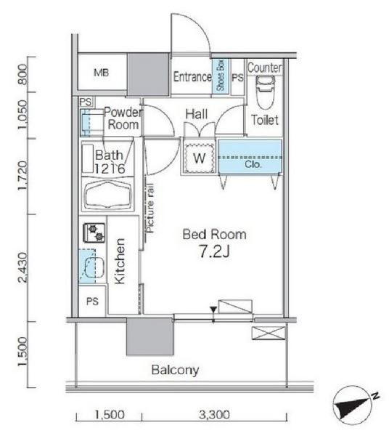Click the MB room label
coord(101,73)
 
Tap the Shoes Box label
coord(221,75)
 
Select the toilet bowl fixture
coord(265,92)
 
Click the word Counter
coord(265,68)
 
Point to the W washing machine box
coord(199,158)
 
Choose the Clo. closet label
coord(253,164)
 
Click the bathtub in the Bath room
coord(108,194)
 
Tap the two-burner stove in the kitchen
coord(94,232)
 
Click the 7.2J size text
coord(214,251)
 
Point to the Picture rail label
coord(150,208)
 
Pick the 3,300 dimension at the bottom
coord(214,415)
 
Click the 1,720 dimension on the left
coord(23,175)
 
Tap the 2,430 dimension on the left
coord(23,267)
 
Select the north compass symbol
coord(354,405)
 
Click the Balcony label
coord(175,370)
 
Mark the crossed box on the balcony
coord(269,333)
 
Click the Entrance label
coord(192,77)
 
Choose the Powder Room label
coord(123,118)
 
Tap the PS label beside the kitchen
coord(92,302)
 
